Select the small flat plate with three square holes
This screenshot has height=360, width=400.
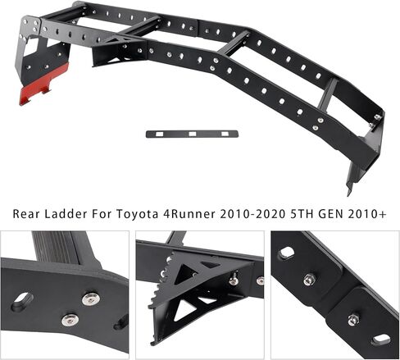[192, 134]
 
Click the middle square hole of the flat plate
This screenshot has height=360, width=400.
[193, 134]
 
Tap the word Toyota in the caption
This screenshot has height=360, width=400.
[138, 214]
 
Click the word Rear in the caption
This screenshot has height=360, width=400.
[26, 214]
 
